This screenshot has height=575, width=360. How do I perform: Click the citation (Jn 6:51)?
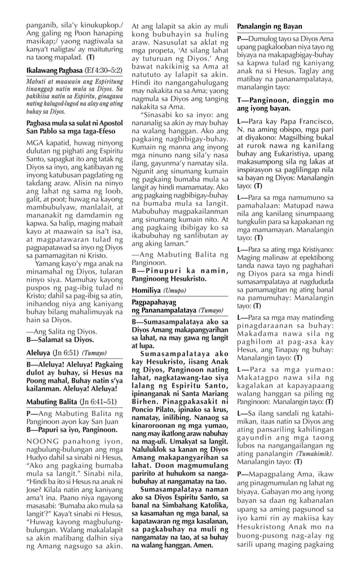click(x=67, y=352)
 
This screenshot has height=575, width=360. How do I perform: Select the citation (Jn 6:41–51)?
click(x=100, y=402)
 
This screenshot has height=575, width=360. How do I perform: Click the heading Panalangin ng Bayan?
click(x=269, y=27)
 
